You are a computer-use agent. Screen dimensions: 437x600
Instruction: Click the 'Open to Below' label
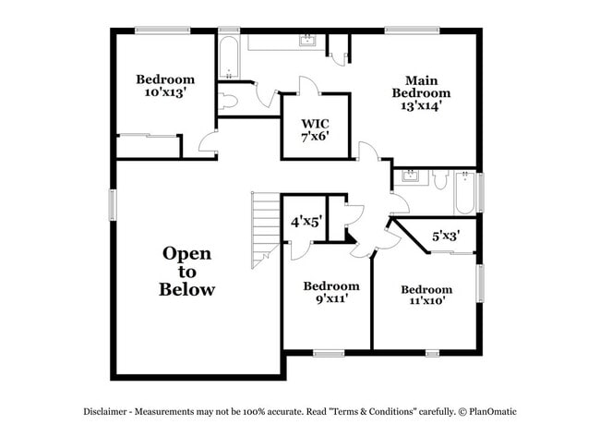(x=187, y=271)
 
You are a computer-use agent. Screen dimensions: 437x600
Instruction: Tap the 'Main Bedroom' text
(x=421, y=86)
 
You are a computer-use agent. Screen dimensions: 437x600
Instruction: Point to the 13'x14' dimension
(x=421, y=105)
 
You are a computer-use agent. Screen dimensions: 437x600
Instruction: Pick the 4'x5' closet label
(x=306, y=222)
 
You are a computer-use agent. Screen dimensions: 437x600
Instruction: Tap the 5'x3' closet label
(x=446, y=237)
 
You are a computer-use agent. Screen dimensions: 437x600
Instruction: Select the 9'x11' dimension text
(x=331, y=299)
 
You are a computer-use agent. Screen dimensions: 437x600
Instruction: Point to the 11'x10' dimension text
(x=426, y=301)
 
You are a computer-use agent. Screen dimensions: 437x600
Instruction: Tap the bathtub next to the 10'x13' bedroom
(x=229, y=57)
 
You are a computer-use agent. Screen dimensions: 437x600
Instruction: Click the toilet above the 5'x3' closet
(x=441, y=180)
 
